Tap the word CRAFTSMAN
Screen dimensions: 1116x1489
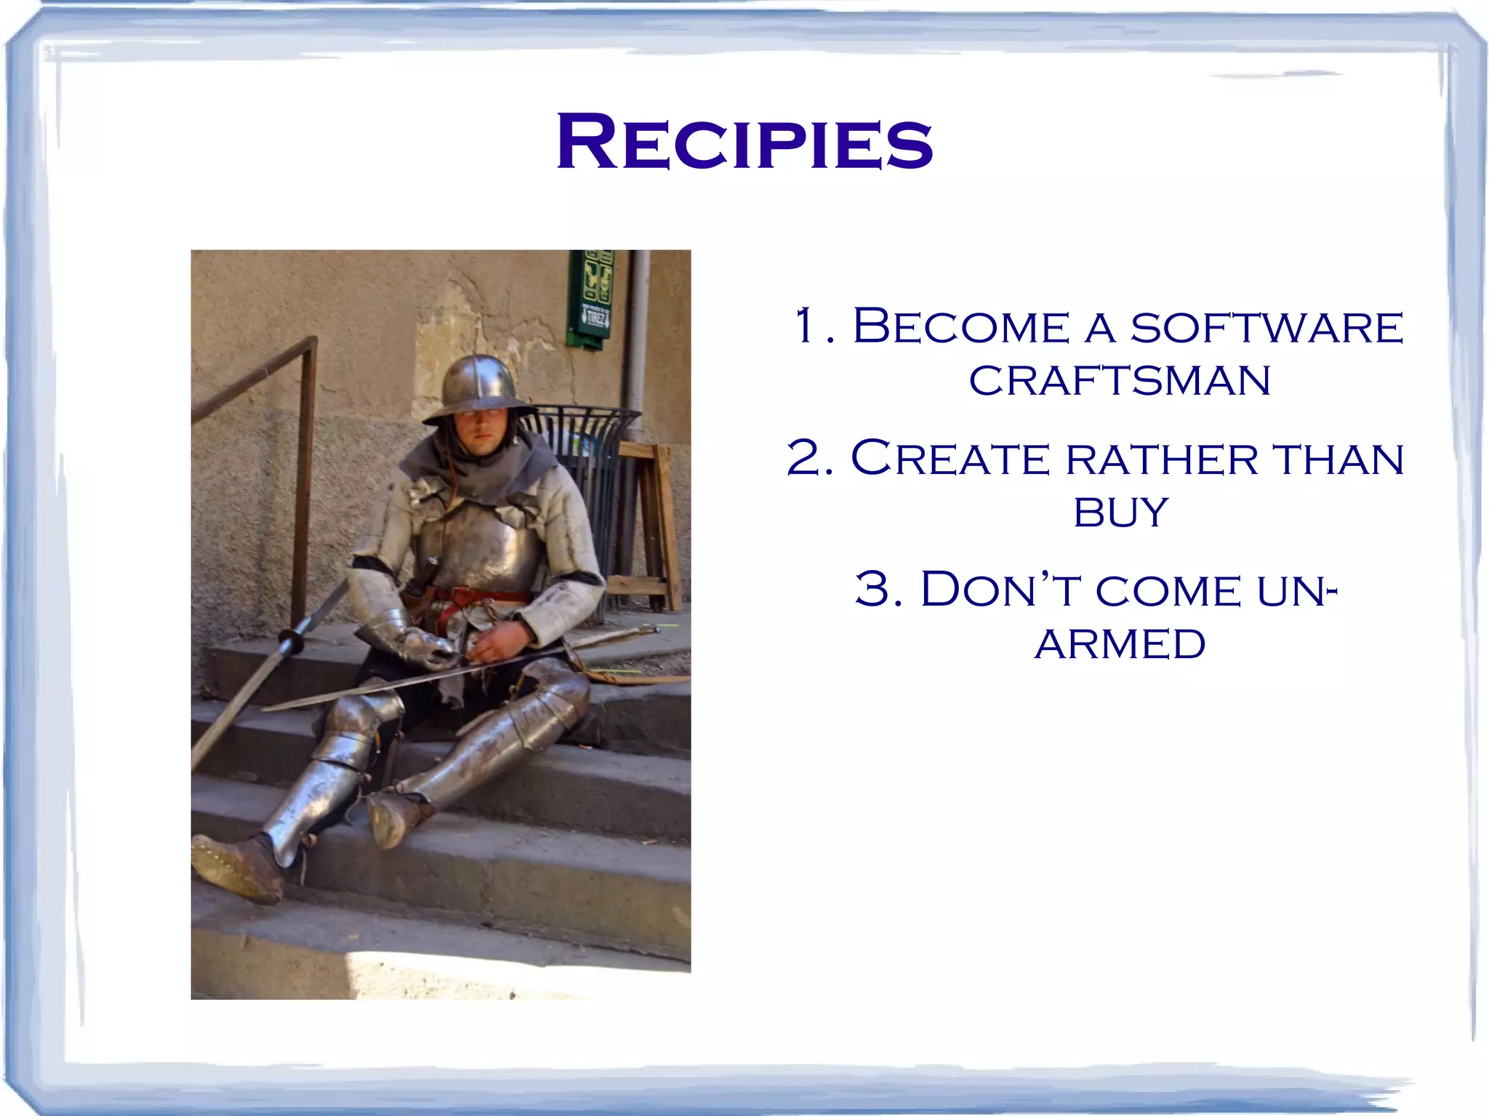pos(1120,380)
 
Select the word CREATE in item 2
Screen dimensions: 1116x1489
pos(950,459)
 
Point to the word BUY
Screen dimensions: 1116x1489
pos(1120,513)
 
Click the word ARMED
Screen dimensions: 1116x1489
pos(1120,644)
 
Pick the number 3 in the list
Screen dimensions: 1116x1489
pos(872,589)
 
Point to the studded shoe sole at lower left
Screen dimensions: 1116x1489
pos(233,869)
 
